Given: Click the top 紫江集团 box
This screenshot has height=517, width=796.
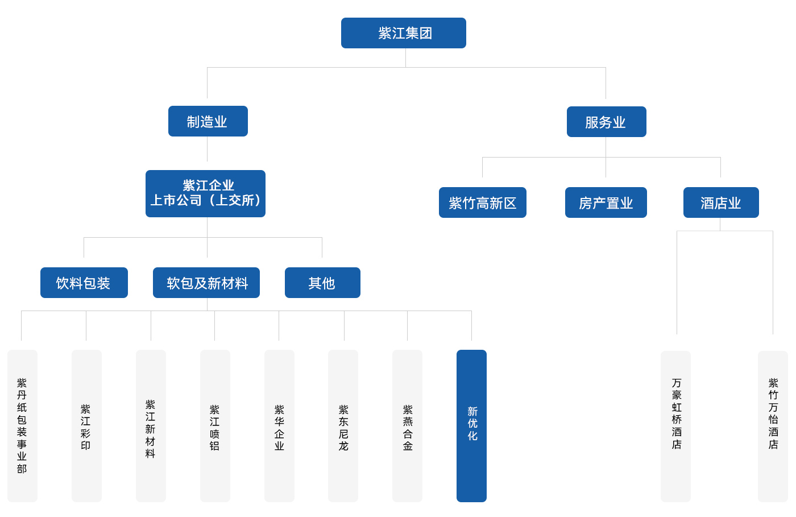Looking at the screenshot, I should (404, 33).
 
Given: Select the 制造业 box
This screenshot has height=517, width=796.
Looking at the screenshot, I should (208, 121).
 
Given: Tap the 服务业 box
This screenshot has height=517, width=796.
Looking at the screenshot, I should (606, 122).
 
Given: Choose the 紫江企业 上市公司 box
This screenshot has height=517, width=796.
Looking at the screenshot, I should (205, 193).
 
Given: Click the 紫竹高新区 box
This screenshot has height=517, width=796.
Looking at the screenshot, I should (482, 202).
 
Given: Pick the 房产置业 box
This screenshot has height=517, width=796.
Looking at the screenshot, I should (606, 202).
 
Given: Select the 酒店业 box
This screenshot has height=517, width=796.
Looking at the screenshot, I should (721, 202).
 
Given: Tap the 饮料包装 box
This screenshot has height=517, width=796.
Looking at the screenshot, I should (84, 283).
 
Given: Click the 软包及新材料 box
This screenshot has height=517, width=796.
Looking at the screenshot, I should (206, 283).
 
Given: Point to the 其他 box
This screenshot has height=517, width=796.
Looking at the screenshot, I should (322, 283).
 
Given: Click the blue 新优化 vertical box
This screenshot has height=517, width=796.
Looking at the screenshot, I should (471, 425).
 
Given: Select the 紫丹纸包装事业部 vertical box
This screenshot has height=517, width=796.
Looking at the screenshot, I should (22, 425).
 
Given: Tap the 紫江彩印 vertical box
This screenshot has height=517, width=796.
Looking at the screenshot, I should (86, 425).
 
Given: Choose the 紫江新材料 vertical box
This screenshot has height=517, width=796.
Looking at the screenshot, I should (151, 425).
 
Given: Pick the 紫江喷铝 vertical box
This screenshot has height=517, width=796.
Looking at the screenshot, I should (215, 425).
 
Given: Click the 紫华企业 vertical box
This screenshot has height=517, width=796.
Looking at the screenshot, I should (279, 425).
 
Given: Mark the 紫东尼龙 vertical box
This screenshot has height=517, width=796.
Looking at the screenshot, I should (343, 425).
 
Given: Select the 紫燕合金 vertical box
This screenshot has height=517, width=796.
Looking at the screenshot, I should (407, 425).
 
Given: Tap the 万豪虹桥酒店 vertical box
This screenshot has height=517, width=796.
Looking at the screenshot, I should (675, 426).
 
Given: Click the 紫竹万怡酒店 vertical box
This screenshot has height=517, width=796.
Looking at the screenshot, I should (773, 426).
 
